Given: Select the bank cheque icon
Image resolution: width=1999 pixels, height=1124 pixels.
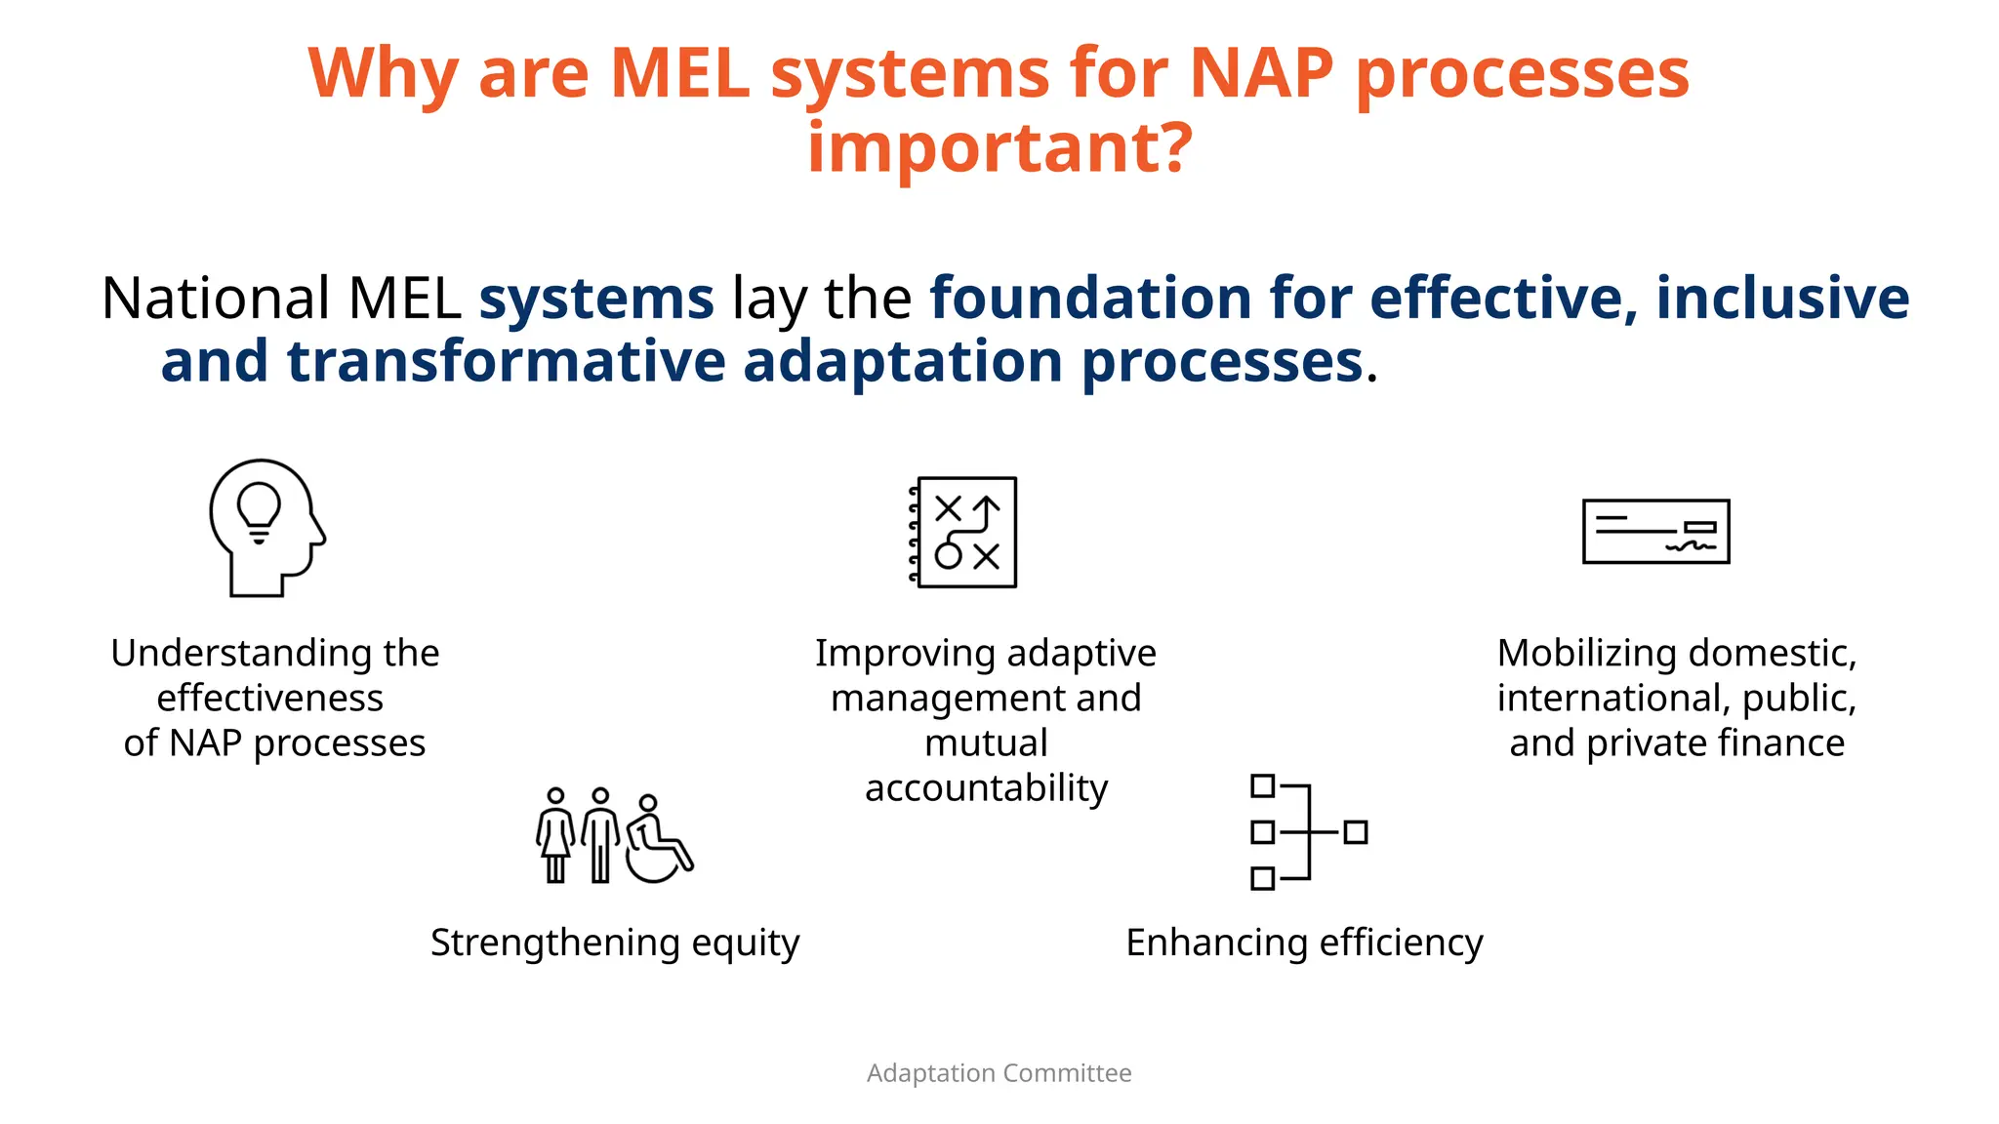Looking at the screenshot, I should point(1655,532).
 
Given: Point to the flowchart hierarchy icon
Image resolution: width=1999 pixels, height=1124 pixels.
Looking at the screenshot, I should point(1308,832).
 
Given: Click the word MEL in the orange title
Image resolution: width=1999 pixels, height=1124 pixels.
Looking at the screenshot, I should point(679,73).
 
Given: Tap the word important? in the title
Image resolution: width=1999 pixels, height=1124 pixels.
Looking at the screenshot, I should point(999,148).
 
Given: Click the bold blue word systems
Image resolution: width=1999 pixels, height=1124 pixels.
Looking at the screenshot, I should point(595,299).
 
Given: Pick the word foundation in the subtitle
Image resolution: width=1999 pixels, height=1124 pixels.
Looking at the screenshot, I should point(1090,299).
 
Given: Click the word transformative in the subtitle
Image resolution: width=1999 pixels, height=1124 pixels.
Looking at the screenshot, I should point(506,362).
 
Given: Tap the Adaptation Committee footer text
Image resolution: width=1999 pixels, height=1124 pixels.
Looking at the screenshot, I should point(999,1073).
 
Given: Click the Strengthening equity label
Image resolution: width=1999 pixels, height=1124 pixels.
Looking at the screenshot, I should point(615,943).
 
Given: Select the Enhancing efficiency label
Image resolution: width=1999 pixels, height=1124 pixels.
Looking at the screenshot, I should point(1304,943).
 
